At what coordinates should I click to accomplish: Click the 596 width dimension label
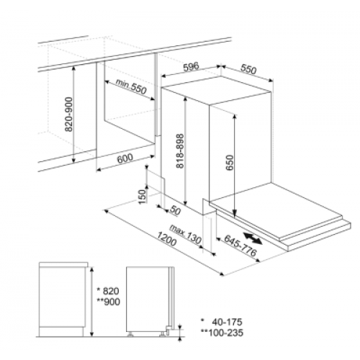click(192, 67)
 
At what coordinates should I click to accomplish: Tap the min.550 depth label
click(131, 86)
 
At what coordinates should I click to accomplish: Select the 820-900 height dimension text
click(69, 114)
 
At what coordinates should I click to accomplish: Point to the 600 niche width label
click(125, 158)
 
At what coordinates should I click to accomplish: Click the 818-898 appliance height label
click(180, 151)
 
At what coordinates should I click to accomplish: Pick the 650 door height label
click(230, 163)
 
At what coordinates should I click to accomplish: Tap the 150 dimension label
click(143, 197)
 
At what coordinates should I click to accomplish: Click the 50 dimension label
click(175, 211)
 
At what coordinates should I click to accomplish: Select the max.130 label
click(185, 234)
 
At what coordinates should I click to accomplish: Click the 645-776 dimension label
click(240, 246)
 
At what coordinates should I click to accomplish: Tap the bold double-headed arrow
click(253, 238)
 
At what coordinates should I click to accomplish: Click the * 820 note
click(108, 291)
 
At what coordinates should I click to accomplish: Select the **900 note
click(108, 302)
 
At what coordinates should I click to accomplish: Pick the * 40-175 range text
click(222, 322)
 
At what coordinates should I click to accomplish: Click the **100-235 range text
click(222, 333)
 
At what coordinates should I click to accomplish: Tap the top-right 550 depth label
click(248, 69)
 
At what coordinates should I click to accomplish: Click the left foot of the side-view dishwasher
click(131, 334)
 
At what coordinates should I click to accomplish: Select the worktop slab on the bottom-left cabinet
click(63, 264)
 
